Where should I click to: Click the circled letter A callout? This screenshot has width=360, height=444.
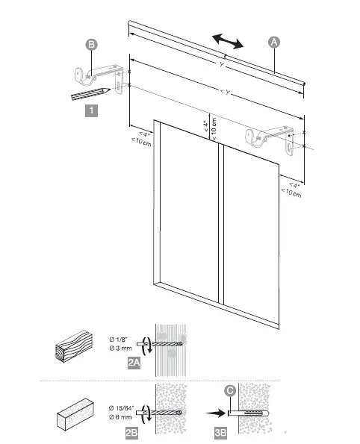click(x=275, y=43)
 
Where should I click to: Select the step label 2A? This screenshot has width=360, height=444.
click(x=134, y=363)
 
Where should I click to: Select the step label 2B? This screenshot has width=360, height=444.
click(x=134, y=431)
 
